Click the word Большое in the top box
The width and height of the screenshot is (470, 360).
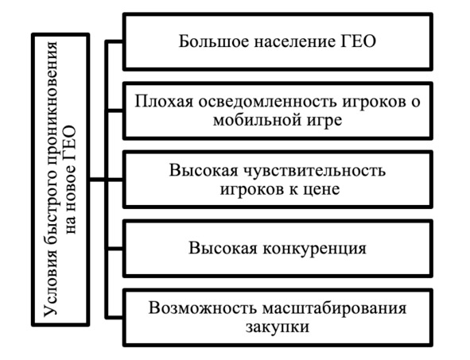tap(214, 41)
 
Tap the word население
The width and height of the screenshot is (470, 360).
tap(295, 42)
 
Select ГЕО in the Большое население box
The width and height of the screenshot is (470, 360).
tap(358, 41)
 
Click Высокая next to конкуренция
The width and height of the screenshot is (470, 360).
tap(223, 249)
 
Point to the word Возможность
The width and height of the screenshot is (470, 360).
tap(202, 308)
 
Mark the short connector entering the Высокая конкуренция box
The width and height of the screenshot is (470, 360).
tap(115, 249)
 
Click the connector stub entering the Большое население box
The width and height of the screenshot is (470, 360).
tap(115, 42)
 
